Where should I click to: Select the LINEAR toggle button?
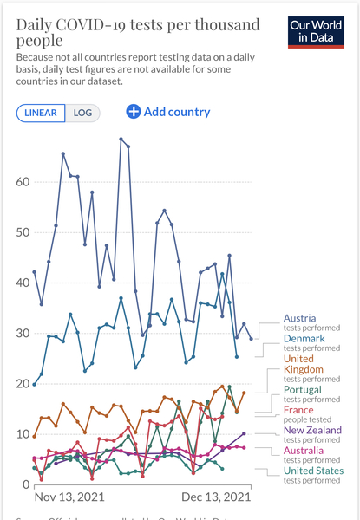40,113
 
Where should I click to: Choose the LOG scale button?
85,113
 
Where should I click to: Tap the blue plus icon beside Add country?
134,111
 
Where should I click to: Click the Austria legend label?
300,318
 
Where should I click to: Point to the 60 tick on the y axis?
23,182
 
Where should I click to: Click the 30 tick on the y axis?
23,333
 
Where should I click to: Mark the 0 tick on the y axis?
26,484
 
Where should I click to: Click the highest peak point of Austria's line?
121,139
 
